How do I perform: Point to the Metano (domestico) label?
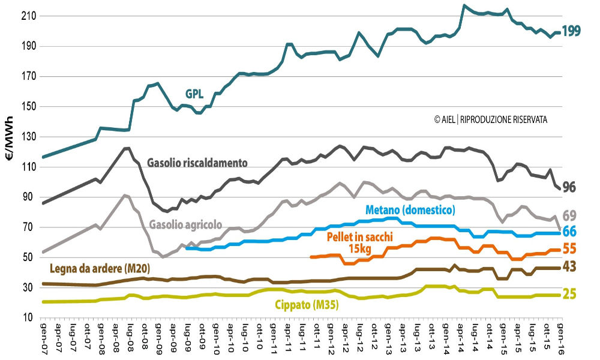click(410, 209)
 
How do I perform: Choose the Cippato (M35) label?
click(307, 305)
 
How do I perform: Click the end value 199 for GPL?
click(571, 31)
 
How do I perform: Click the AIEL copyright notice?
click(490, 120)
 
